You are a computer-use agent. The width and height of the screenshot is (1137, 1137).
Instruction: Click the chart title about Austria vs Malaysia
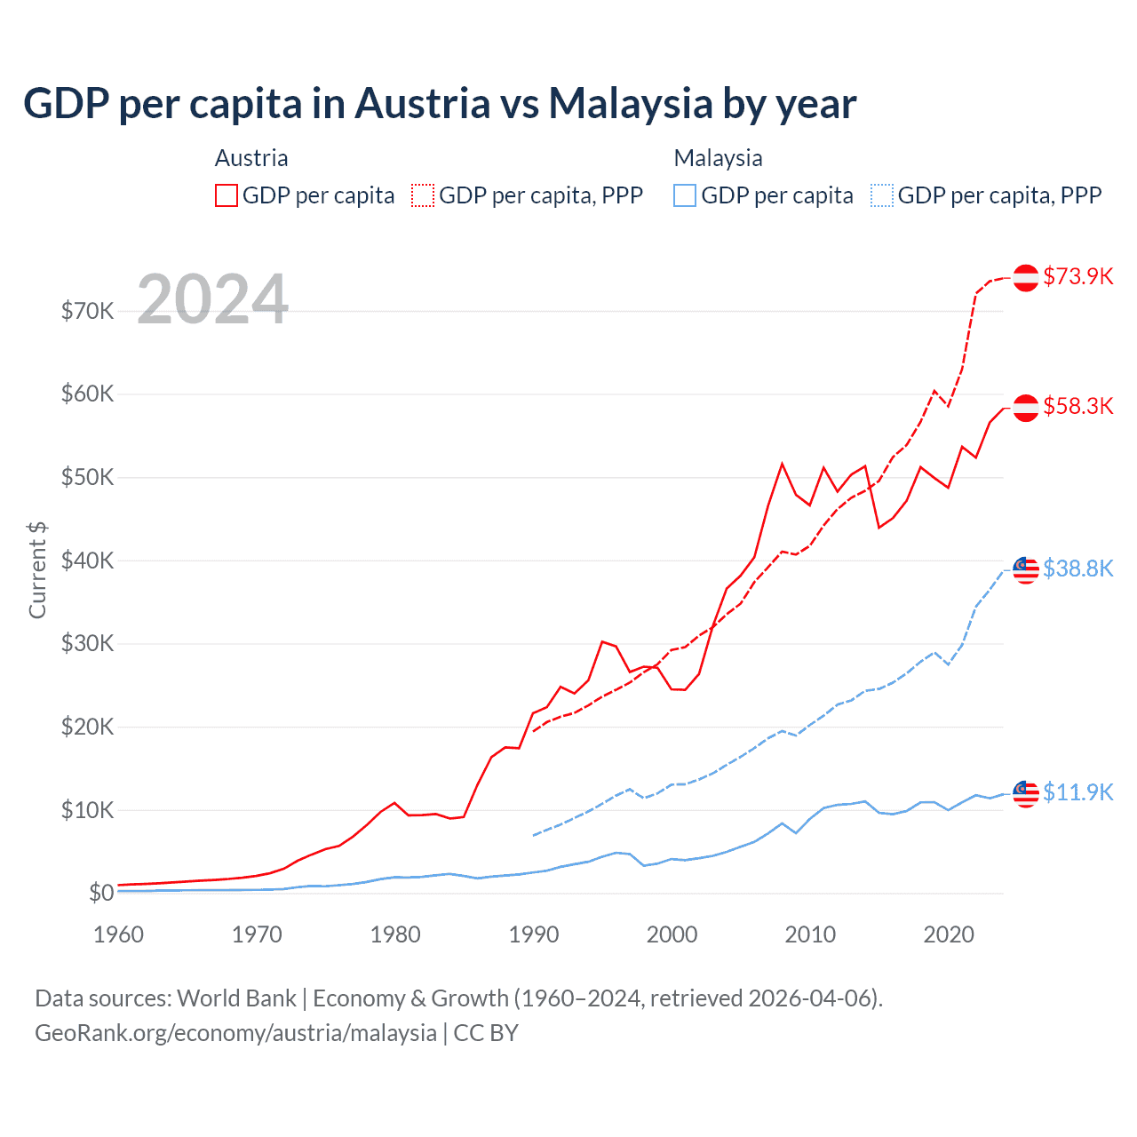[440, 103]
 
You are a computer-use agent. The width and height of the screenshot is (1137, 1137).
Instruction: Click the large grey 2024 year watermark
[212, 299]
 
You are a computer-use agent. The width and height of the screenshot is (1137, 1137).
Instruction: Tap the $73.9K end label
[1077, 276]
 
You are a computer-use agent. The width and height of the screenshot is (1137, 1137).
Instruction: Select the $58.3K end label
[1077, 406]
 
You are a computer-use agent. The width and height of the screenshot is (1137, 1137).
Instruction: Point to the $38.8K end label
[1077, 568]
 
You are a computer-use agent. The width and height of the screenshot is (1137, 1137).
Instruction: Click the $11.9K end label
[1077, 792]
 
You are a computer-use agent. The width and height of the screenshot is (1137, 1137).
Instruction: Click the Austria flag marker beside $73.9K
[1026, 277]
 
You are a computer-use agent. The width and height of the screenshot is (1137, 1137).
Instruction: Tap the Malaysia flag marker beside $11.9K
[1026, 793]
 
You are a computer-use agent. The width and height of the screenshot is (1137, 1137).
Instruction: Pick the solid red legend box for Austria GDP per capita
[227, 195]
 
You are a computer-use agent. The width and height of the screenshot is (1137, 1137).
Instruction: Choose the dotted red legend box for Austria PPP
[423, 195]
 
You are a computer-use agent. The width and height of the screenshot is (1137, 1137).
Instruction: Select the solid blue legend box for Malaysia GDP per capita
[685, 195]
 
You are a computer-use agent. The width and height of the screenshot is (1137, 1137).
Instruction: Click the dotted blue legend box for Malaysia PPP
[882, 195]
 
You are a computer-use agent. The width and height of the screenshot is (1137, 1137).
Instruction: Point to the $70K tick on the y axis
[87, 311]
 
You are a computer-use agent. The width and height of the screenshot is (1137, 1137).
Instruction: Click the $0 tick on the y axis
[101, 893]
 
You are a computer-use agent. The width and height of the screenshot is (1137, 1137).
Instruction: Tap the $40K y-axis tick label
[87, 561]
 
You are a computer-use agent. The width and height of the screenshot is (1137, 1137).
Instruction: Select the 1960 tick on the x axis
[118, 934]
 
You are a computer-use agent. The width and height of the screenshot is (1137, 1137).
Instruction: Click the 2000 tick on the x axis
[672, 934]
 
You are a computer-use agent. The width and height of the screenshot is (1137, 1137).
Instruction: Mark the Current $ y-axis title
[37, 569]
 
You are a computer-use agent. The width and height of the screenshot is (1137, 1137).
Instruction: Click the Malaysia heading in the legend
[718, 158]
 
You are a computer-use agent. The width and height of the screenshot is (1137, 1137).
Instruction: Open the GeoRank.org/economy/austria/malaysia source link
[235, 1033]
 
